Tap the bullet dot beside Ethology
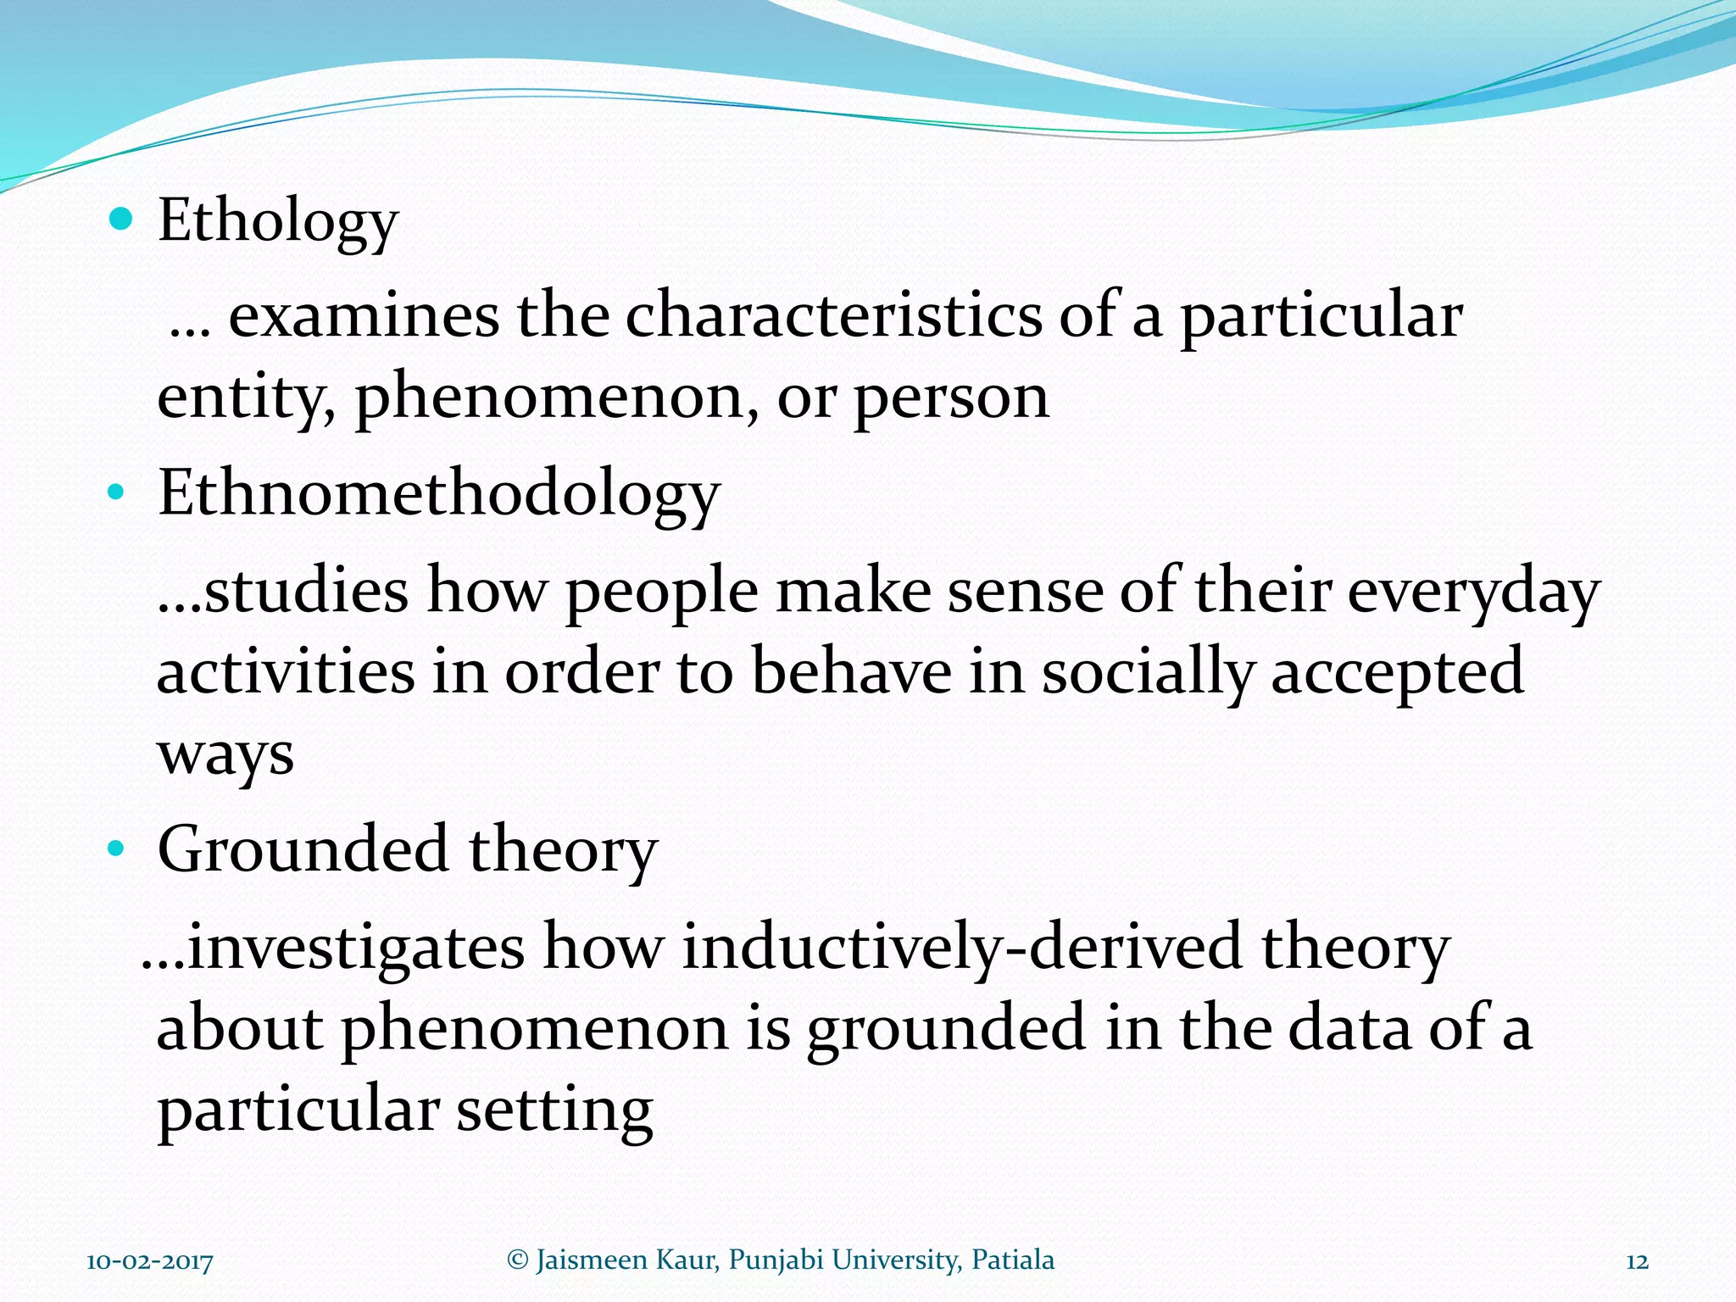(122, 220)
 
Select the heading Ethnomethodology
(438, 494)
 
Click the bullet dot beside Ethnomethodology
(117, 492)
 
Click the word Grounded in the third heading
(303, 849)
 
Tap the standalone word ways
(225, 754)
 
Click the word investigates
(356, 947)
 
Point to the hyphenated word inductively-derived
(962, 947)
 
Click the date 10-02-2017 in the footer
(150, 1261)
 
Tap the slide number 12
(1637, 1261)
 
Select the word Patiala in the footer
(1013, 1260)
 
